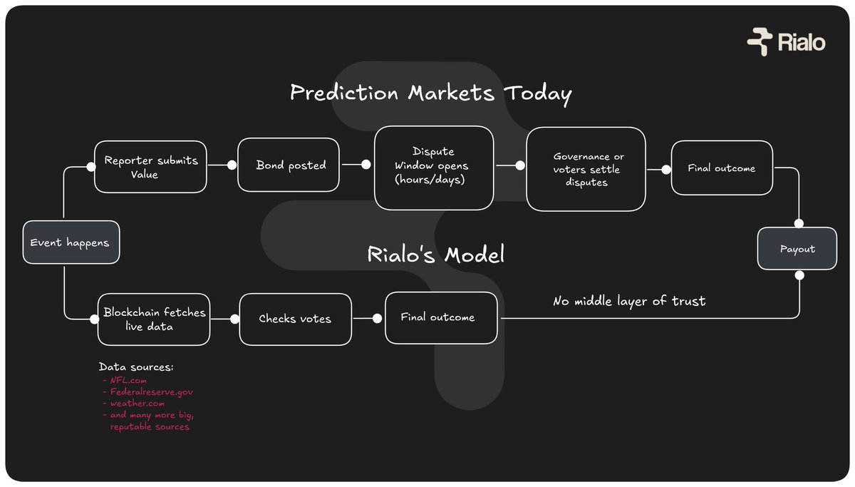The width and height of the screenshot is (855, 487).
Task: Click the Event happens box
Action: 71,243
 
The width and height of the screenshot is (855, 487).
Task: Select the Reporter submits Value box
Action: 150,166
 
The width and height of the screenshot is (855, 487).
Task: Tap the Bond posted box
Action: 289,165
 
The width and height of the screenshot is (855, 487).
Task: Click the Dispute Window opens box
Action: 433,168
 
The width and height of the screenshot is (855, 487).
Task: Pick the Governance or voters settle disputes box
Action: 586,169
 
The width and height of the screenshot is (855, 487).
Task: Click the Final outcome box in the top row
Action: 721,168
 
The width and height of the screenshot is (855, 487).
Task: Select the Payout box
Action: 797,249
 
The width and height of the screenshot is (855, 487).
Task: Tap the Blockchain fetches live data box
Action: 154,319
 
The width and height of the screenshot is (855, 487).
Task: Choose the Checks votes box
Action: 295,319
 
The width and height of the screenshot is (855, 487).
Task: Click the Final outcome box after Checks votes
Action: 441,317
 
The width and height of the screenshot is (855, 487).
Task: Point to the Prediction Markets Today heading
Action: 430,93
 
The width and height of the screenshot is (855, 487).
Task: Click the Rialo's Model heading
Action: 436,255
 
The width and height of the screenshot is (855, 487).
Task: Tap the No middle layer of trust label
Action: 629,301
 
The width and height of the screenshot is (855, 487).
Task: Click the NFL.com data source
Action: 128,381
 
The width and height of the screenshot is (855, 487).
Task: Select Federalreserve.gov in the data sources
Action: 151,392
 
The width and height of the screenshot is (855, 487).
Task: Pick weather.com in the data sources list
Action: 137,404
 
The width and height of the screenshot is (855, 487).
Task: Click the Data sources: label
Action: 136,367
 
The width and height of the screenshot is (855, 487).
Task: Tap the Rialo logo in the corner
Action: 786,42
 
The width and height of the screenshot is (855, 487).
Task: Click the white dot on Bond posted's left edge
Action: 232,165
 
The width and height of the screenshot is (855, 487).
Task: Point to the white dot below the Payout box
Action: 799,275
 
